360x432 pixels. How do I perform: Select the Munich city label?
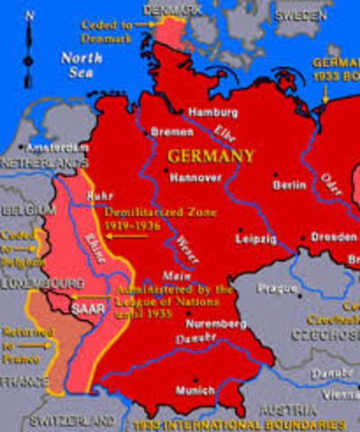coord(197,391)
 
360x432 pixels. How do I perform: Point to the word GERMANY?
coord(210,156)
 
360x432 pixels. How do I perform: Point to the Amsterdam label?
coord(48,147)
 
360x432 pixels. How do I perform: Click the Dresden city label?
coord(329,238)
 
